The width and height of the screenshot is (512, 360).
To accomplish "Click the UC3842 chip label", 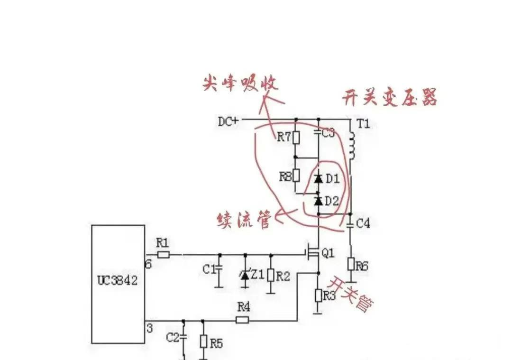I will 118,280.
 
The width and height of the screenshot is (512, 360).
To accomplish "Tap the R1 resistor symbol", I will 164,255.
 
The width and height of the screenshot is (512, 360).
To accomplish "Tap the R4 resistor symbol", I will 242,320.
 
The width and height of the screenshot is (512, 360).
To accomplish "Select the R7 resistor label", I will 284,138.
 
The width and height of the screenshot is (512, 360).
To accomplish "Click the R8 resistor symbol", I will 296,175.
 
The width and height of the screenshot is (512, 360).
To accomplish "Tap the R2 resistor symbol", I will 271,276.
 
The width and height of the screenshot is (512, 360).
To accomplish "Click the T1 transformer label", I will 363,124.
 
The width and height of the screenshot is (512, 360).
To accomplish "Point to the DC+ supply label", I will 229,121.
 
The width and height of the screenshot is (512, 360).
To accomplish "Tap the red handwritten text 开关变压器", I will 389,98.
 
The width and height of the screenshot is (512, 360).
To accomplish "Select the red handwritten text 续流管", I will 244,220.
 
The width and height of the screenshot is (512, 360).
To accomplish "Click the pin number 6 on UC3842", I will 148,264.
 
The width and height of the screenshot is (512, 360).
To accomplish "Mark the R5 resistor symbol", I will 203,342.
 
